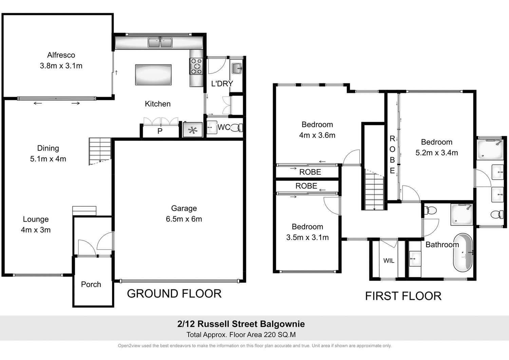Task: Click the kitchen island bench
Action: point(153,75)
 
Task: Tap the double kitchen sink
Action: point(160,42)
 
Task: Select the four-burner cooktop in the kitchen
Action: point(196,66)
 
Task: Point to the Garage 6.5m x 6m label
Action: point(184,214)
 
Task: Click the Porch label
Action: point(91,284)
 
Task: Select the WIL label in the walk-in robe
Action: point(389,260)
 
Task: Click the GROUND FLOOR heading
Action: point(174,293)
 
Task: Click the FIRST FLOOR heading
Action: point(403,296)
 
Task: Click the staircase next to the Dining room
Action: point(100,151)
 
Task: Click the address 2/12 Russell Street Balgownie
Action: point(241,324)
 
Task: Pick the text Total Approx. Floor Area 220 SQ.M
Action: point(241,335)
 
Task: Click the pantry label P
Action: point(160,131)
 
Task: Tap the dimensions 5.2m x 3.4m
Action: point(436,153)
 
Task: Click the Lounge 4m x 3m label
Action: point(36,224)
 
